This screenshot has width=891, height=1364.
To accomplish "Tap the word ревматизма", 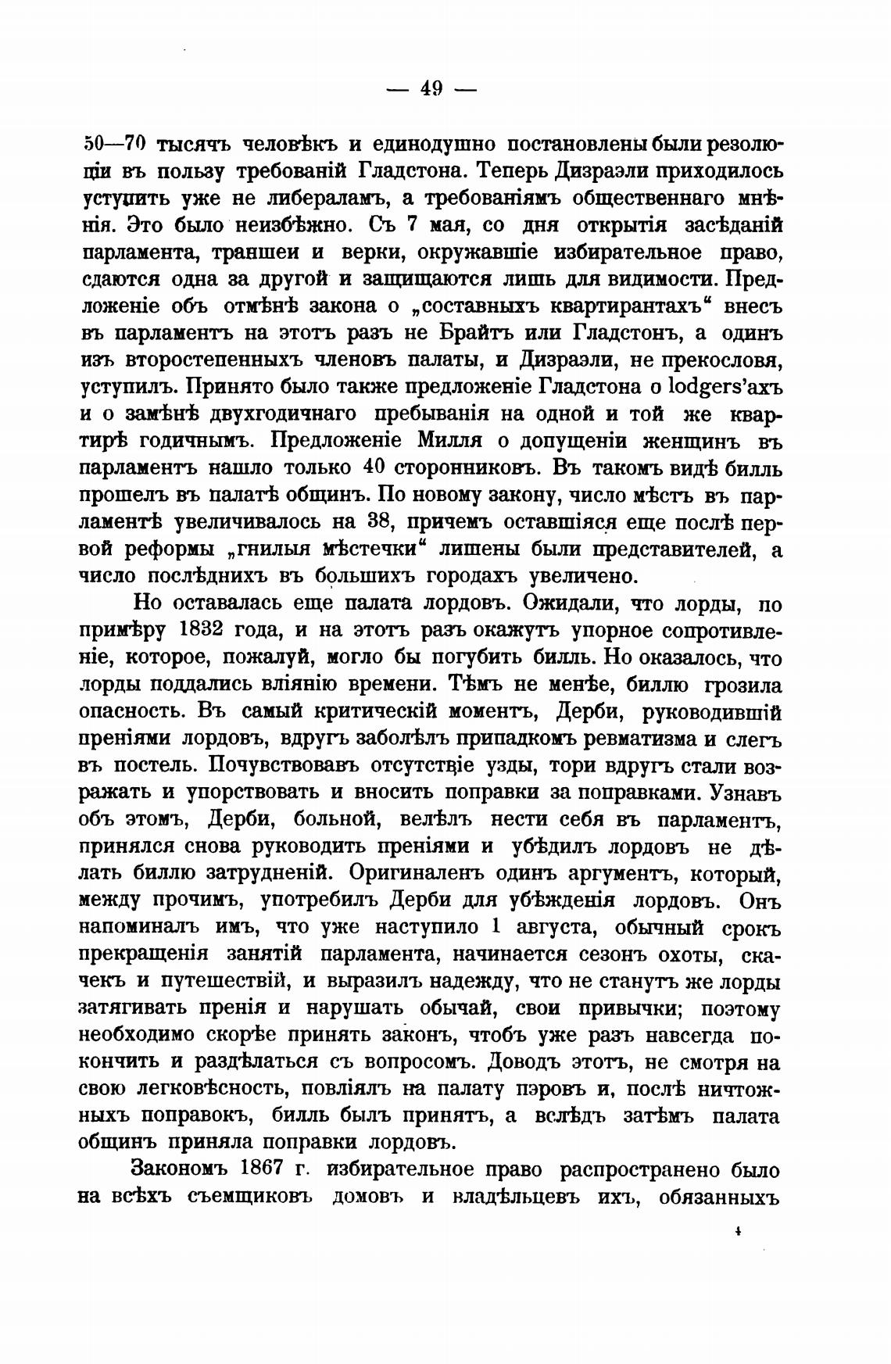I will coord(632,739).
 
